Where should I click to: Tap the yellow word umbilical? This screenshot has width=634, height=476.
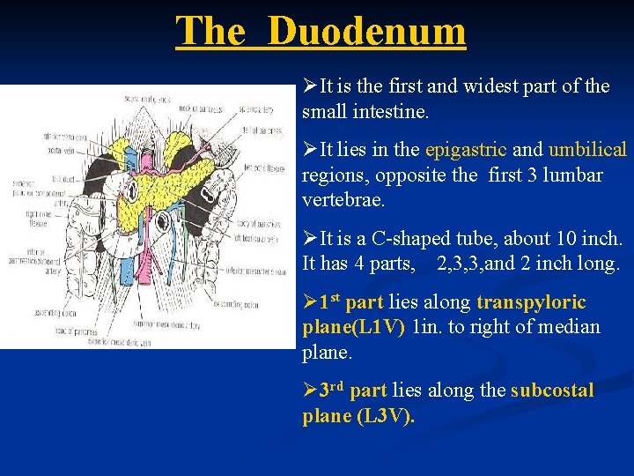[x=587, y=150]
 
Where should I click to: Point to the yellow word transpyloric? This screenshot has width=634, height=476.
[x=531, y=303]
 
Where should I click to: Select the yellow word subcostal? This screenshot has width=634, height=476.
[x=552, y=390]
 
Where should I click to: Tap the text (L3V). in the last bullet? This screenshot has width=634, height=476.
[x=385, y=416]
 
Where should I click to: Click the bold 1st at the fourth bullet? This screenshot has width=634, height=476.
[x=329, y=302]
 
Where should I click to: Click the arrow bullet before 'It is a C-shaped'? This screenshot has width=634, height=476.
[x=309, y=239]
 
